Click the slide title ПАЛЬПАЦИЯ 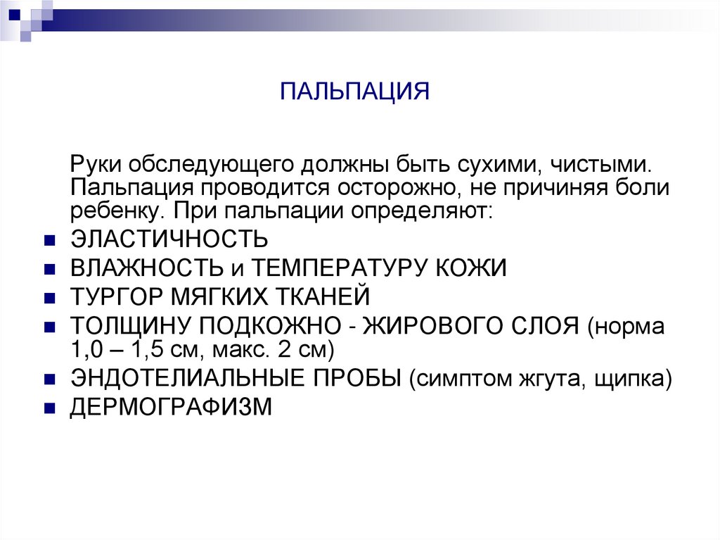pyautogui.click(x=354, y=92)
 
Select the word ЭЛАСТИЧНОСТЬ pyautogui.click(x=169, y=239)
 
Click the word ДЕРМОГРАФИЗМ pyautogui.click(x=170, y=408)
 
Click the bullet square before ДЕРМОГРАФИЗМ pyautogui.click(x=49, y=408)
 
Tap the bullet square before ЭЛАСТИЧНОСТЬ pyautogui.click(x=49, y=239)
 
